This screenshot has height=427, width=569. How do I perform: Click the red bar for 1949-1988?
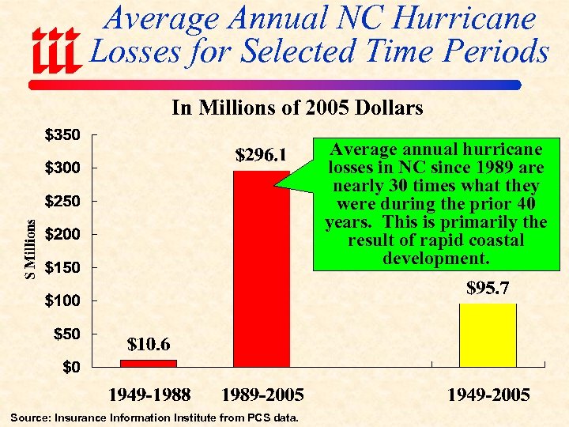pos(149,363)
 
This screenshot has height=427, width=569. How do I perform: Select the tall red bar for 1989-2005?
pos(262,269)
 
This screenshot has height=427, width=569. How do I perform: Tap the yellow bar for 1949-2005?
pos(488,334)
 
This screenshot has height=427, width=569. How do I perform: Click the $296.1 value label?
pos(261,154)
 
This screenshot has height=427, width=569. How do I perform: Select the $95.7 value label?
pos(485,289)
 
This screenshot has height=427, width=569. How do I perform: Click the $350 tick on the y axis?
pos(61,135)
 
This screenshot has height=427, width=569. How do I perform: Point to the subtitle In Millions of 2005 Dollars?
pos(297,108)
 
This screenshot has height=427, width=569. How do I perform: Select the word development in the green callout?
pos(435,259)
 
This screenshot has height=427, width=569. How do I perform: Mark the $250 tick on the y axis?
pos(61,202)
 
